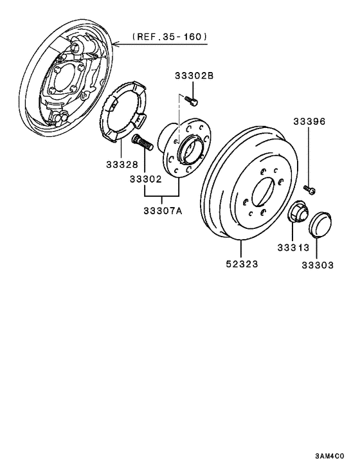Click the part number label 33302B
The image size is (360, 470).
tap(194, 76)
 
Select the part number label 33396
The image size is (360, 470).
tap(309, 121)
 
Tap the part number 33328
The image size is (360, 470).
tap(122, 165)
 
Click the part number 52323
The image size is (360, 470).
tap(242, 264)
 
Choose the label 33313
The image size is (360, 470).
tap(293, 247)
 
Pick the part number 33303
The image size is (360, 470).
tap(318, 264)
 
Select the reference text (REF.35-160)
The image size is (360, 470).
tap(170, 37)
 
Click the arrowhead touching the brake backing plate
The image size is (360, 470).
tap(114, 44)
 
